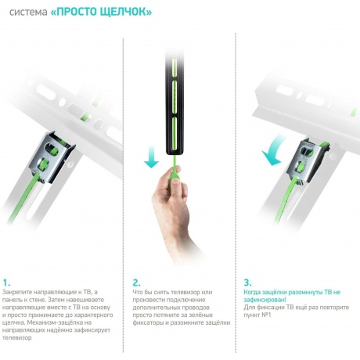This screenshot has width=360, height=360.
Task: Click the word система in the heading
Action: pos(28,13)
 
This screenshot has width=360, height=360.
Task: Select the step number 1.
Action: pos(6,283)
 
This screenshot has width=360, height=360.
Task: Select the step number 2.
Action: pos(136,283)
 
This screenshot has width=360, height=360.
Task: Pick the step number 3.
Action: pos(247,283)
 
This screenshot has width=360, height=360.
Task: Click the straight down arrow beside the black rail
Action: pos(151,157)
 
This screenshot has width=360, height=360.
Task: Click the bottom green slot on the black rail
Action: pos(175,134)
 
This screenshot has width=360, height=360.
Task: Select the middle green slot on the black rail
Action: pos(175,97)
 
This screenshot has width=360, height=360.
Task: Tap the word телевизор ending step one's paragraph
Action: pos(17,338)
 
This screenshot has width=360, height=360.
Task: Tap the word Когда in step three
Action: pos(252,292)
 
